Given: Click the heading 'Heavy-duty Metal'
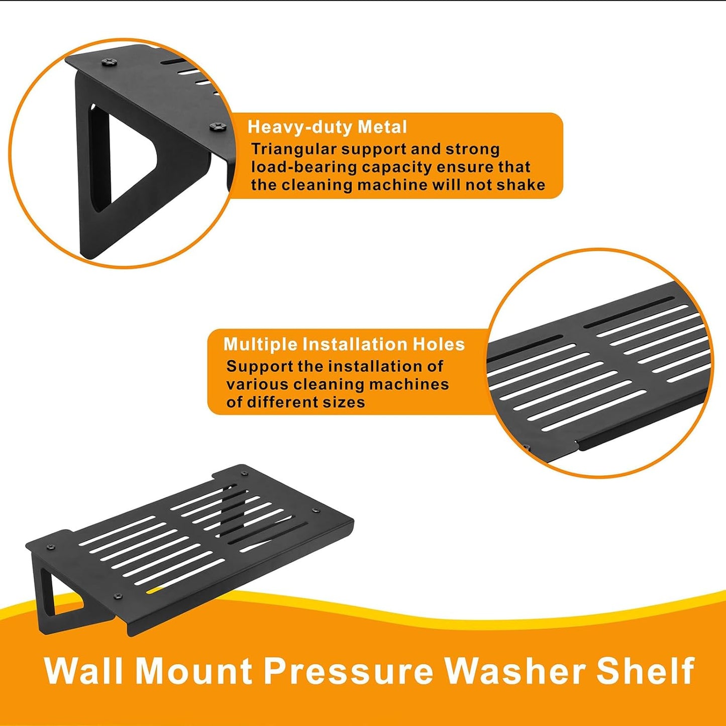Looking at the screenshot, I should pos(327,127).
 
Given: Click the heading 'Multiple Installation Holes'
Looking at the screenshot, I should pos(344,344).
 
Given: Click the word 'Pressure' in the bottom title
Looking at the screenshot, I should pos(348,671).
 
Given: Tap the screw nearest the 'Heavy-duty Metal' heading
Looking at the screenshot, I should pos(218,126).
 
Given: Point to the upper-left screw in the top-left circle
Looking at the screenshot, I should pos(110,62).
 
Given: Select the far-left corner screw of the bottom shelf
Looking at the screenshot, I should pos(49,547).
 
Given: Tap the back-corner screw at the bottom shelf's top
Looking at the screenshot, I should pos(244,474).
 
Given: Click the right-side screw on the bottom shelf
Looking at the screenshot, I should pos(316,510).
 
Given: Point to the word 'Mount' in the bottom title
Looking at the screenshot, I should pos(194,671).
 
